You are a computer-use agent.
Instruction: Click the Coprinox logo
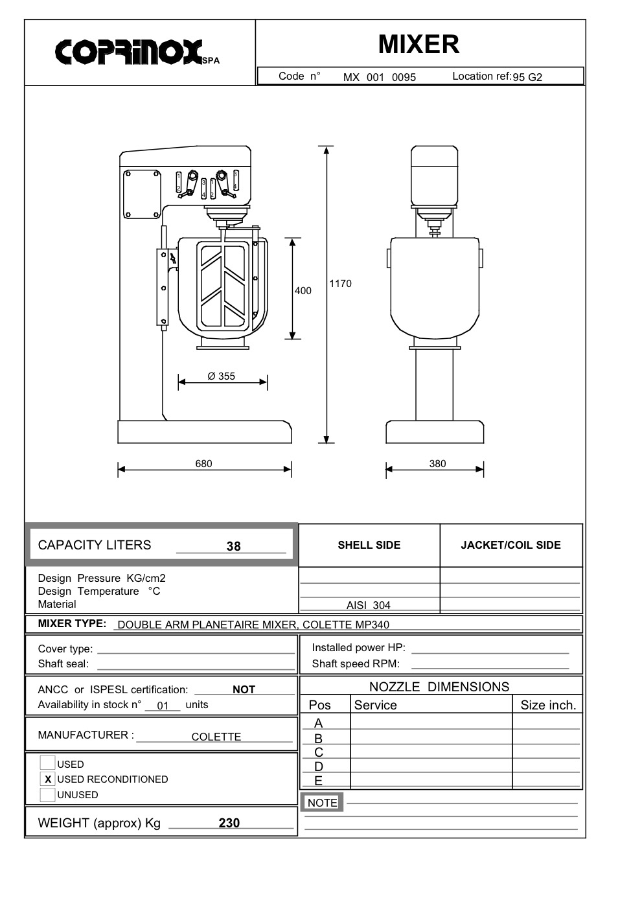(x=137, y=52)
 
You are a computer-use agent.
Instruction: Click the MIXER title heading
(x=418, y=44)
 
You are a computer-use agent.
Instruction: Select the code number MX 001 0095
(x=380, y=77)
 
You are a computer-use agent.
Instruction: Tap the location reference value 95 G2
(x=527, y=77)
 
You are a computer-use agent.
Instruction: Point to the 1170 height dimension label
(x=340, y=284)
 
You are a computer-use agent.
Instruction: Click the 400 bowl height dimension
(x=303, y=290)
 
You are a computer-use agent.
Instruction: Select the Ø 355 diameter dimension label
(x=221, y=376)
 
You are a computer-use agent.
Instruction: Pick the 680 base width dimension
(x=203, y=463)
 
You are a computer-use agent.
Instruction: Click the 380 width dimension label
(x=437, y=463)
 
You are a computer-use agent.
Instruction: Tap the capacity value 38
(x=234, y=546)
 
